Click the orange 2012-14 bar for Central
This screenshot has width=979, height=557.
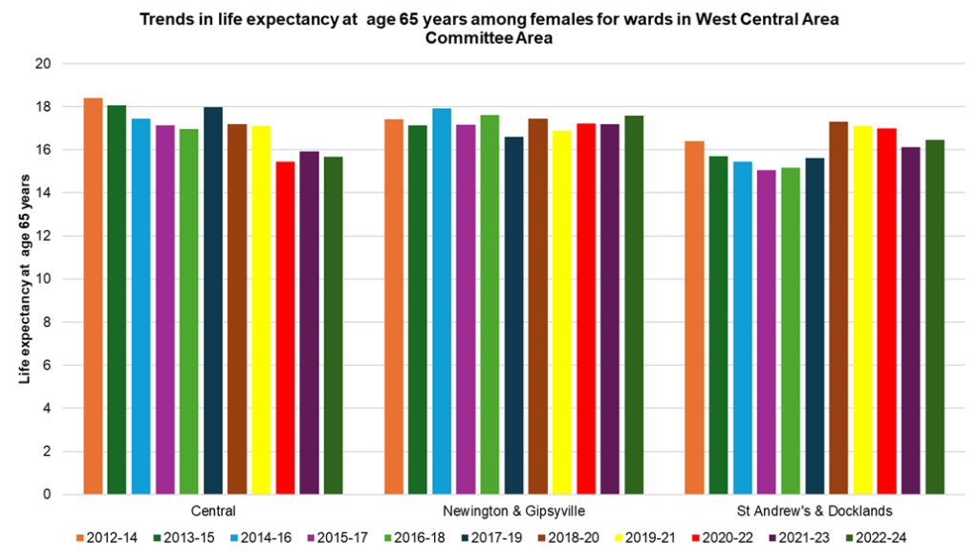coord(93,296)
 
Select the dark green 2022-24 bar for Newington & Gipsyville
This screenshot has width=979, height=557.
coord(634,305)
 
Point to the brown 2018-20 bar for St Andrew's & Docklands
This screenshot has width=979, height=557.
coord(838,308)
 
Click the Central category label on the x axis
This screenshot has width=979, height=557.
coord(213,511)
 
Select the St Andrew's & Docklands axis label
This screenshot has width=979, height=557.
coord(815,511)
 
